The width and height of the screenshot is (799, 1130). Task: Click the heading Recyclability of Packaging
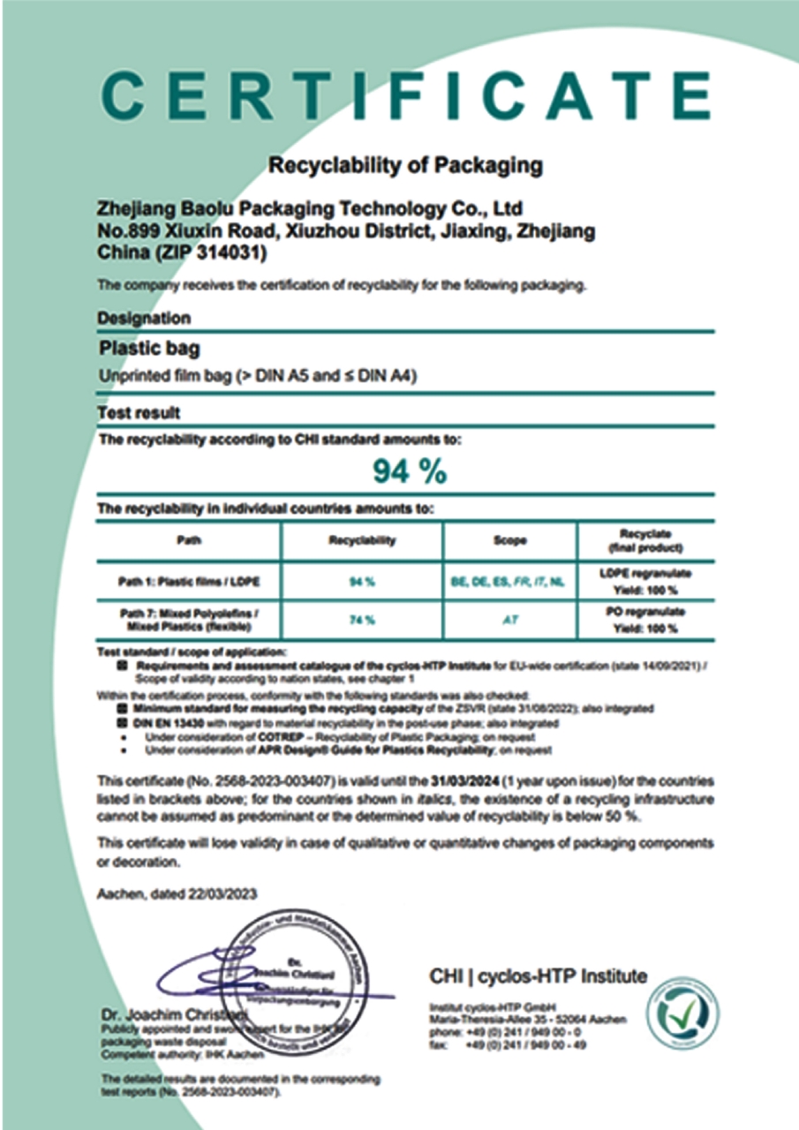point(405,165)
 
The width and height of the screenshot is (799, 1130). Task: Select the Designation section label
point(144,318)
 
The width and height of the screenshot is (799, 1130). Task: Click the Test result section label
point(139,412)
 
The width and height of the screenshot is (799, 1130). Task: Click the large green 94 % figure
point(409,473)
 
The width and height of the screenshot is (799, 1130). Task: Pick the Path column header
point(189,539)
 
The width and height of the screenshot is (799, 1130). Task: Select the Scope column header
point(510,539)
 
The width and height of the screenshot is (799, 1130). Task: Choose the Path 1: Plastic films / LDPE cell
point(189,582)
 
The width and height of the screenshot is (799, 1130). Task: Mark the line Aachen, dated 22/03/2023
point(177,893)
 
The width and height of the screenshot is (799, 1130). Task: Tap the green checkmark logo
point(682,1016)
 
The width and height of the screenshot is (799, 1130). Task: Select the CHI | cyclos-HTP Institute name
point(538,976)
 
